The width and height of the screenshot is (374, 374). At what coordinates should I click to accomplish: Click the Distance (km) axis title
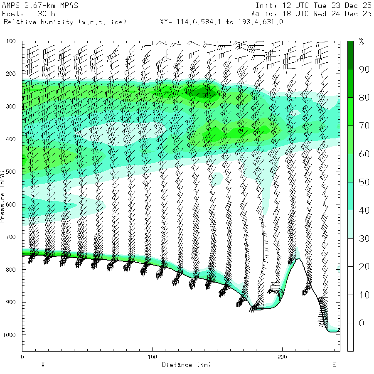click(x=187, y=365)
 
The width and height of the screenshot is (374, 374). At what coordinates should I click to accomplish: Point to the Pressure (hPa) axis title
click(x=3, y=195)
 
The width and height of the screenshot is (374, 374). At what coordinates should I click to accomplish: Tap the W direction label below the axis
click(x=43, y=365)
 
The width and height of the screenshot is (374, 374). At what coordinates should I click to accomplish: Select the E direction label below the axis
click(x=334, y=365)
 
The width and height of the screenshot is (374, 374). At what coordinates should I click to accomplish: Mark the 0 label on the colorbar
click(x=362, y=323)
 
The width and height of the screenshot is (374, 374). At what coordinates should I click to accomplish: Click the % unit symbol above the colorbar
click(x=362, y=42)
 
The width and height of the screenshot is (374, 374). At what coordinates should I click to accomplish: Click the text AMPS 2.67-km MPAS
click(x=40, y=6)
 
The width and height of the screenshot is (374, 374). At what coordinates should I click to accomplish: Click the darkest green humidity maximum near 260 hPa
click(x=204, y=94)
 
